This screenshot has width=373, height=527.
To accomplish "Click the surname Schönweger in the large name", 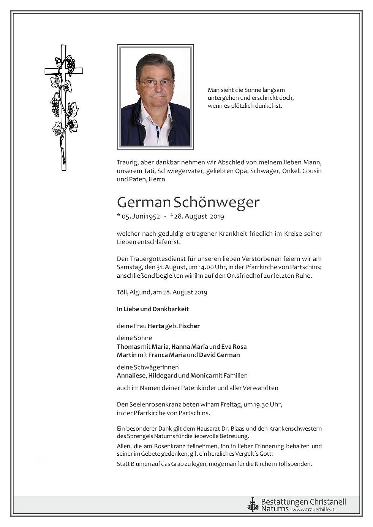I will click(x=217, y=203).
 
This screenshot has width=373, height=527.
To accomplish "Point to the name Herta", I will click(x=156, y=326).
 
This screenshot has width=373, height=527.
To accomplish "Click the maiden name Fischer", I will click(x=189, y=326).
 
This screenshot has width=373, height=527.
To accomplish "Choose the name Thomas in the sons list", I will click(x=128, y=346).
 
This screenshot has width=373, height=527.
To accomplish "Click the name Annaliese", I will click(x=131, y=376).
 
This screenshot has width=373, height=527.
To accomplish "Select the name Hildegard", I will click(x=163, y=376).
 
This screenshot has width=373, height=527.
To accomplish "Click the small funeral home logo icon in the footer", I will click(x=253, y=505).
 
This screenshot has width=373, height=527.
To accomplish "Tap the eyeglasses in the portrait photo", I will click(x=156, y=83).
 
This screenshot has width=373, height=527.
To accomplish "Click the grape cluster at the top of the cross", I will click(x=71, y=65).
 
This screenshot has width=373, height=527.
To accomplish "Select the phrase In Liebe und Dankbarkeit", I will click(x=153, y=309).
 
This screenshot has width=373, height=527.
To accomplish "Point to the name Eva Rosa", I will click(x=234, y=346).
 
